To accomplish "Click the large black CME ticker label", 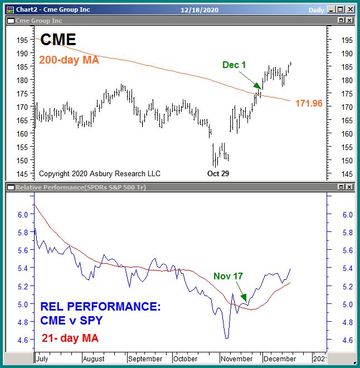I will coord(58,40).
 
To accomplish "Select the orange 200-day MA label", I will coord(69,60).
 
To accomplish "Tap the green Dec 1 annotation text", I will coord(234,65).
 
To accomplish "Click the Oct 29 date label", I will coord(218,173).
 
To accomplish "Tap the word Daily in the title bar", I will coord(316,9).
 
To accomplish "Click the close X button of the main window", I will coord(349,9).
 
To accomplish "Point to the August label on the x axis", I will coord(94,359).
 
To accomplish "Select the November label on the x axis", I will coord(237,359).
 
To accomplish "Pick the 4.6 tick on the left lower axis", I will coord(23,340).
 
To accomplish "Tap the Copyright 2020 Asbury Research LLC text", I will coord(100,174).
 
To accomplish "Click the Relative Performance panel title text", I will coord(80,187).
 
